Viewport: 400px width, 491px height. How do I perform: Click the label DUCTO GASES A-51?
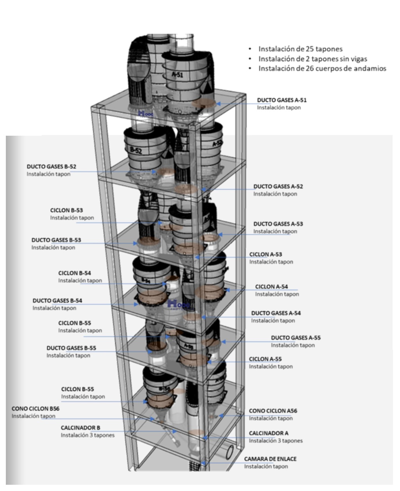[x=282, y=100]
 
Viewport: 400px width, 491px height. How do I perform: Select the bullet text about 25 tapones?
[x=300, y=49]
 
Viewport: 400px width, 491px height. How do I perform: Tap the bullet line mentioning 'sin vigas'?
[x=313, y=59]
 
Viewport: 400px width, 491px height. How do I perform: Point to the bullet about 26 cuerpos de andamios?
[x=322, y=69]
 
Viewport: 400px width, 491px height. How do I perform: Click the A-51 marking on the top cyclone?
[x=177, y=75]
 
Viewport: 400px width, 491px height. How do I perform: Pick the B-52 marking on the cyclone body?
[x=136, y=151]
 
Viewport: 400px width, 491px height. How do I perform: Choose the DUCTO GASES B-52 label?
[x=51, y=167]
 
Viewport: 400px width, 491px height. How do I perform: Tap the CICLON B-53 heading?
[x=67, y=210]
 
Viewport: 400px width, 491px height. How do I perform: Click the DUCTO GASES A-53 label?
[x=278, y=224]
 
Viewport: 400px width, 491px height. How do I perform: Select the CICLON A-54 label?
[x=271, y=287]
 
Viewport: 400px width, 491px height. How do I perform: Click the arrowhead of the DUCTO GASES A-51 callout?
[x=218, y=104]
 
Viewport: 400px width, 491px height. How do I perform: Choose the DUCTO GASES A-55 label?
[x=296, y=338]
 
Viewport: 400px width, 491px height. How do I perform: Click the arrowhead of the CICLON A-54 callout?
[x=228, y=290]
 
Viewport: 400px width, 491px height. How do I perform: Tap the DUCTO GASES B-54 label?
[x=57, y=301]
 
